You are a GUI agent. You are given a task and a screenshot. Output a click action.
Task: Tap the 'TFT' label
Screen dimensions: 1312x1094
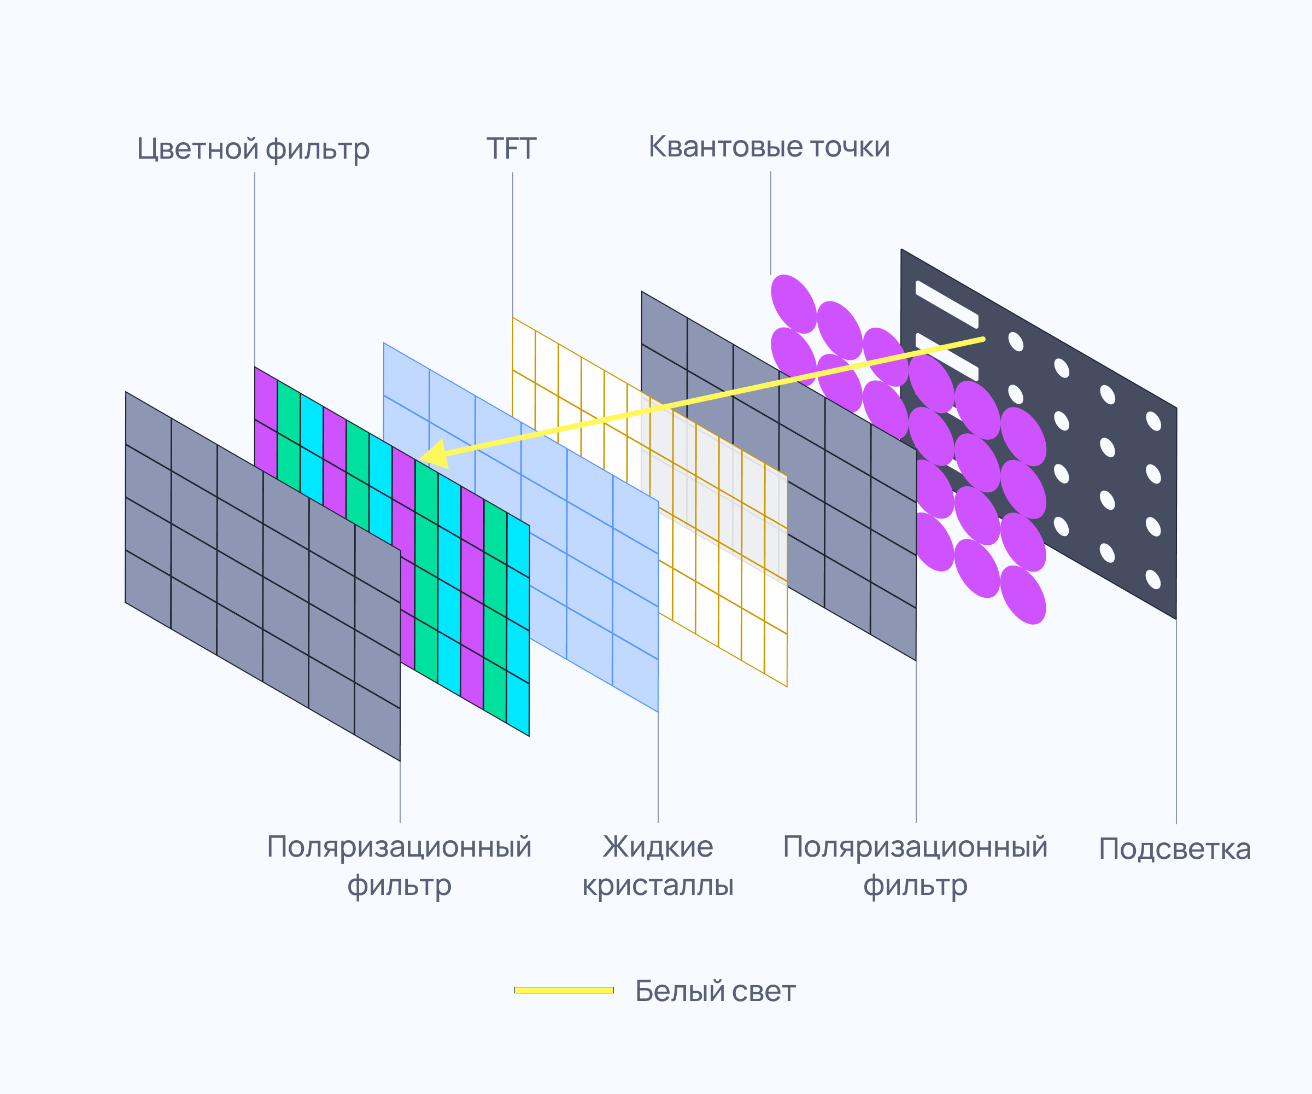click(512, 149)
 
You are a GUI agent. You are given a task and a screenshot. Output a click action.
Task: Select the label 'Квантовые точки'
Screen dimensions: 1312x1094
click(769, 147)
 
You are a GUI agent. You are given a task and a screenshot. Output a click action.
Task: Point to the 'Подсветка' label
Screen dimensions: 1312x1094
click(1175, 849)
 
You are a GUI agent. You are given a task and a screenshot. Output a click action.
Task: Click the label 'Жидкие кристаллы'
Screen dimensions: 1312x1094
click(658, 866)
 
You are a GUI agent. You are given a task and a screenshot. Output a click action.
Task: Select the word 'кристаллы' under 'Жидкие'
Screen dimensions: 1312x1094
click(658, 886)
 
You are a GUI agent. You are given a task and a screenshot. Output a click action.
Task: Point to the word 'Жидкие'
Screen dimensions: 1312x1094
click(658, 847)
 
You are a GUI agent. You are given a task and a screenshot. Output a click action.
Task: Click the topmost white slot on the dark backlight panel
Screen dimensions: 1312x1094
click(946, 305)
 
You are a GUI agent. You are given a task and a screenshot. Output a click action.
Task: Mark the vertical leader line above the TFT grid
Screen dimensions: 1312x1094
click(513, 245)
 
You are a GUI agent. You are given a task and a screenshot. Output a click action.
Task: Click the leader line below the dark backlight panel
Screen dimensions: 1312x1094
click(1176, 721)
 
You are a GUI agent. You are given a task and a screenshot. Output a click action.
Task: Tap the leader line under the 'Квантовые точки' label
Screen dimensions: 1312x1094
click(770, 223)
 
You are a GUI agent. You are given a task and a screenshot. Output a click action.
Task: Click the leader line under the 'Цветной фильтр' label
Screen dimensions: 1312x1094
click(254, 270)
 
